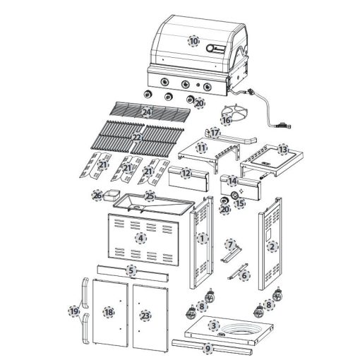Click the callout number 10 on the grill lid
(193, 41)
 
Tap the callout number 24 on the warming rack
(147, 112)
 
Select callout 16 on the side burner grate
(226, 120)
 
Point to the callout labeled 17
(215, 132)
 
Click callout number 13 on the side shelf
(282, 150)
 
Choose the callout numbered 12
(186, 172)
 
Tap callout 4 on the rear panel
(141, 238)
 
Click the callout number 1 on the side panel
(203, 239)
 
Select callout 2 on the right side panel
(272, 246)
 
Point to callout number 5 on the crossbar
(131, 270)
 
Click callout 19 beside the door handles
(73, 311)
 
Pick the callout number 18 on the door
(109, 311)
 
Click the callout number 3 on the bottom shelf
(214, 325)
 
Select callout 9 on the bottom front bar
(208, 347)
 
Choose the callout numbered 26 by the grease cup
(98, 195)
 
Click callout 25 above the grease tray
(150, 195)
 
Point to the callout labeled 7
(230, 244)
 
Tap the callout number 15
(239, 203)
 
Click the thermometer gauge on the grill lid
(212, 49)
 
